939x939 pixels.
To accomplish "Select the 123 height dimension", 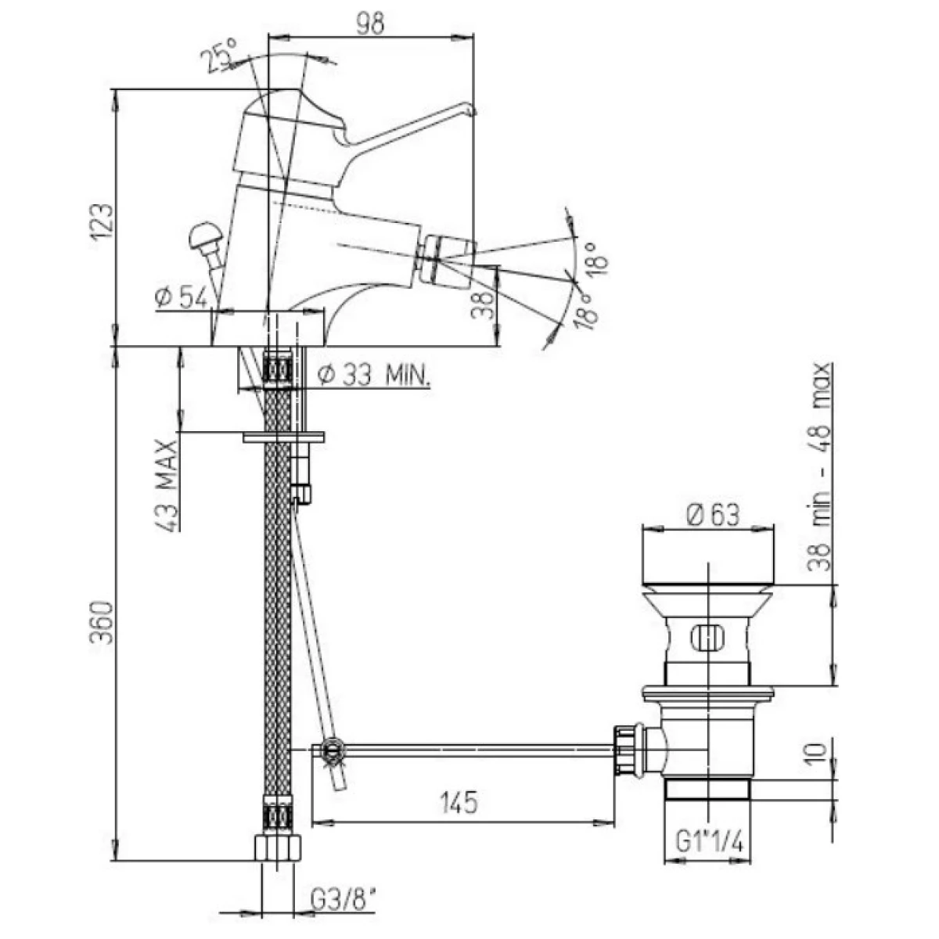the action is point(102,222).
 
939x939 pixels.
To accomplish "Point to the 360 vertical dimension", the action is point(102,623).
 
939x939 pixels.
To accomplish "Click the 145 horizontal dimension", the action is point(459,803).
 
